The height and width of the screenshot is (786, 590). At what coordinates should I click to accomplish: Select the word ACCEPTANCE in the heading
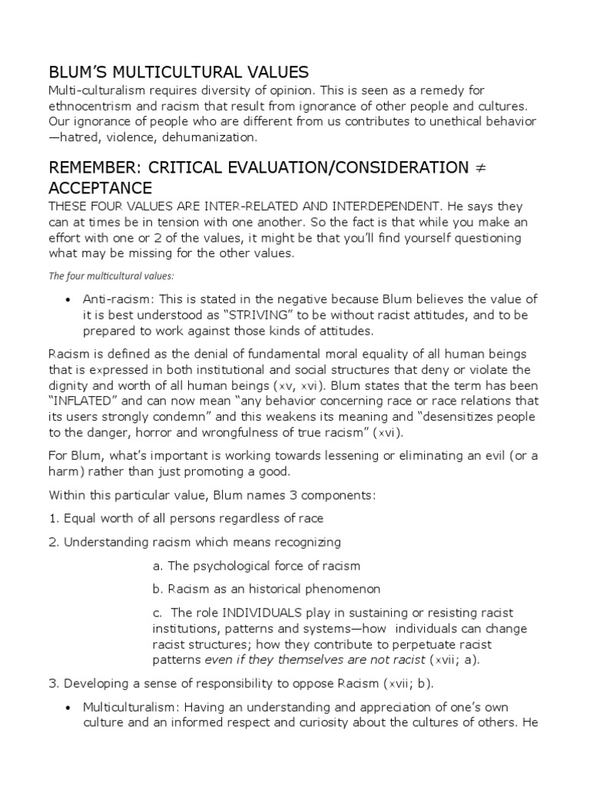(100, 188)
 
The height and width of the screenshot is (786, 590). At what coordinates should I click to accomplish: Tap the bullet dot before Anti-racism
(69, 299)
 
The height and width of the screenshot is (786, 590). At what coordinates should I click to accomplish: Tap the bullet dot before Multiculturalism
(69, 707)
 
